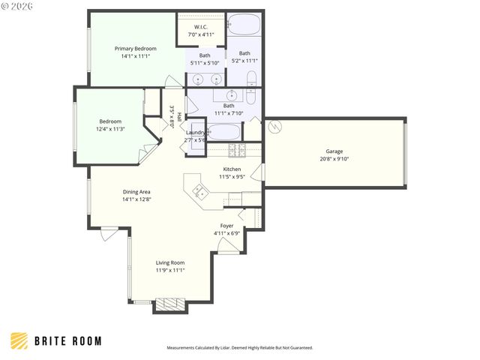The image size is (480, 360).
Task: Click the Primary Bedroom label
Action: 135,49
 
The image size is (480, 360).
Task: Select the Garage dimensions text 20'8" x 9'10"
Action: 334,159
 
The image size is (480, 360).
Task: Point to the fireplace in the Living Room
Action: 170,305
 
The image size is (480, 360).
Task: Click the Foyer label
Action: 226,226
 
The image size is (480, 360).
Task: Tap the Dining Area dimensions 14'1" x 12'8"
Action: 136,199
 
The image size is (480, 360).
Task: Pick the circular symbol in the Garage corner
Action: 275,127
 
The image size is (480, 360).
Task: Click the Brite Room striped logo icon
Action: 19,340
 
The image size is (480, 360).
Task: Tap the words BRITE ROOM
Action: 68,341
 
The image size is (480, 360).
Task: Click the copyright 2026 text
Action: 18,6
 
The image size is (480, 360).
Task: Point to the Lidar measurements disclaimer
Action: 239,348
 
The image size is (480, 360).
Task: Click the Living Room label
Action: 170,262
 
